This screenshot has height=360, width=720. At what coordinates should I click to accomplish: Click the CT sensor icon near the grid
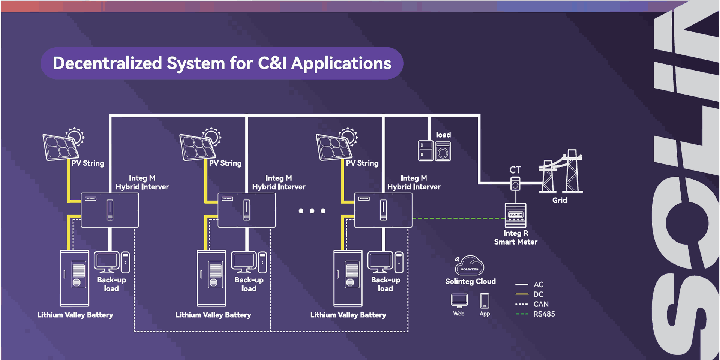[515, 184]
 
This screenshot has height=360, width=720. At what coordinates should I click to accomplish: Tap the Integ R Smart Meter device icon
[515, 215]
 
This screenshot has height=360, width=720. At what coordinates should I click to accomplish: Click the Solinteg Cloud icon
[469, 265]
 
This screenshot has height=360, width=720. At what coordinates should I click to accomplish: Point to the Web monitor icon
[459, 300]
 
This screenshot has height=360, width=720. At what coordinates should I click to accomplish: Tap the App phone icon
[484, 301]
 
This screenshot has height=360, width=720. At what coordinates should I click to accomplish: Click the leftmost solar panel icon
[61, 147]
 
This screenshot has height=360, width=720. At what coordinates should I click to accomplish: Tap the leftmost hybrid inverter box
[110, 210]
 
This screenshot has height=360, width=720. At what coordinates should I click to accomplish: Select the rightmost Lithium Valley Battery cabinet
[348, 278]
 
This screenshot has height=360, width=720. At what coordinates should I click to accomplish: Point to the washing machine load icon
[443, 151]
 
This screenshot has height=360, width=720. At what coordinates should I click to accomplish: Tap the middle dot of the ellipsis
[312, 211]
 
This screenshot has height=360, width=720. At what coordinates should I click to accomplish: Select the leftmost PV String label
[88, 163]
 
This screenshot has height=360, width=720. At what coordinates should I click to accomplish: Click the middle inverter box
[247, 210]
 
